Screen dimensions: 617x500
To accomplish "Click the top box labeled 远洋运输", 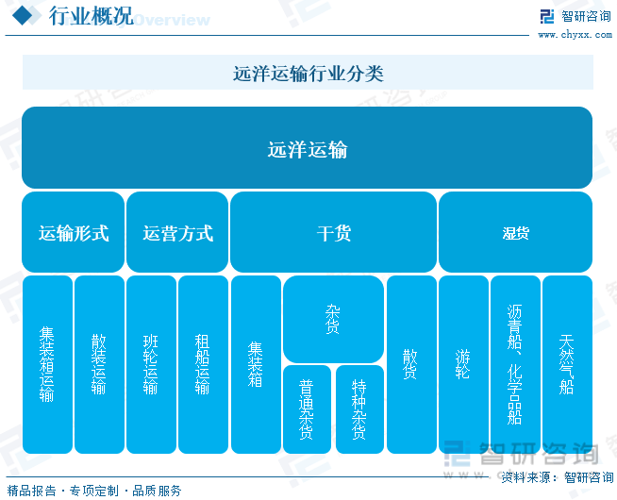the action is pos(307,147).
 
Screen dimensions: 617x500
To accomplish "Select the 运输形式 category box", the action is pos(74,232).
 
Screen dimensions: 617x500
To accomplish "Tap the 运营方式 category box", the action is pos(177,232).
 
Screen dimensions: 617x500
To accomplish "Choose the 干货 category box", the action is pos(333,232).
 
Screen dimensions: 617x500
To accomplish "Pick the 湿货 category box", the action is pos(515,232).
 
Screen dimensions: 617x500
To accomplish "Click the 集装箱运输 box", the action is pos(47,364).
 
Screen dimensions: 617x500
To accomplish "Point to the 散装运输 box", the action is pos(100,364).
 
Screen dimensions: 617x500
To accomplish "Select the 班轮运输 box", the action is pos(152,364).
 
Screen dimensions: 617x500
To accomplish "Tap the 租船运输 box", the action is pos(204,364).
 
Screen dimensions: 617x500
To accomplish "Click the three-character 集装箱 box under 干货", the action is pos(257,364).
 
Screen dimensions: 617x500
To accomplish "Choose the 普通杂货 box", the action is pos(307,409).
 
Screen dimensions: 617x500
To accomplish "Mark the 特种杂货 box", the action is pos(359,409).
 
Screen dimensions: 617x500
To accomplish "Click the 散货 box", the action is pos(411,364).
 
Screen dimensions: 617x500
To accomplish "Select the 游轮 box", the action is pos(463,364).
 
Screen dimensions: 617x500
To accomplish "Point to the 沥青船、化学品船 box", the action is pos(515,364).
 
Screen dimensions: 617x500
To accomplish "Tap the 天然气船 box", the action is pos(567,364).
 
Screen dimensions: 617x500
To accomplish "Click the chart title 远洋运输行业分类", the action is pos(308,74).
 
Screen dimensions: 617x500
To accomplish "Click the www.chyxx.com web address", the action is pos(575,35).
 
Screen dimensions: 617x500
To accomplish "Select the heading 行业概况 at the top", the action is pos(91,16).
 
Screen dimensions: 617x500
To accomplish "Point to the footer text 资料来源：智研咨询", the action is pos(558,477).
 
